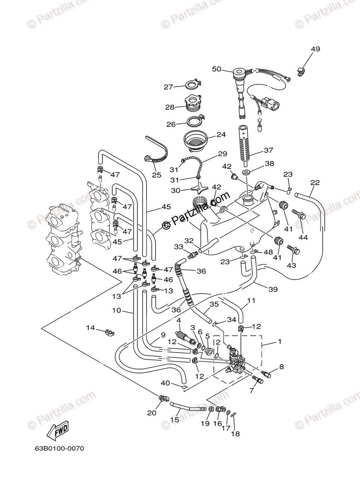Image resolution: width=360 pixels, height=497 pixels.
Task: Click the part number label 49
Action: point(315,49)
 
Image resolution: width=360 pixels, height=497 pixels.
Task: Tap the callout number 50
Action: point(217,69)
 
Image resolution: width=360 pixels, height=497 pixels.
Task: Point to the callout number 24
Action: point(221,135)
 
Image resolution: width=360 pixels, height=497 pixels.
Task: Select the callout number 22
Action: point(315,183)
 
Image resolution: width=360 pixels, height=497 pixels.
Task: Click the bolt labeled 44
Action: point(299,214)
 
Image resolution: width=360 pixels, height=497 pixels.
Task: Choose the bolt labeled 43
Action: point(293,250)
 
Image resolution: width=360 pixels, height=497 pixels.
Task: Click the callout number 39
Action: point(273,290)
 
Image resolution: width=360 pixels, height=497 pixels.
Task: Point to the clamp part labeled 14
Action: point(111,331)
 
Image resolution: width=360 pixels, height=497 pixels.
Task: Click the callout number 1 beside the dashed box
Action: point(280,342)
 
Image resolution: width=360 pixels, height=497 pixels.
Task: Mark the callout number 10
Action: point(116,310)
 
